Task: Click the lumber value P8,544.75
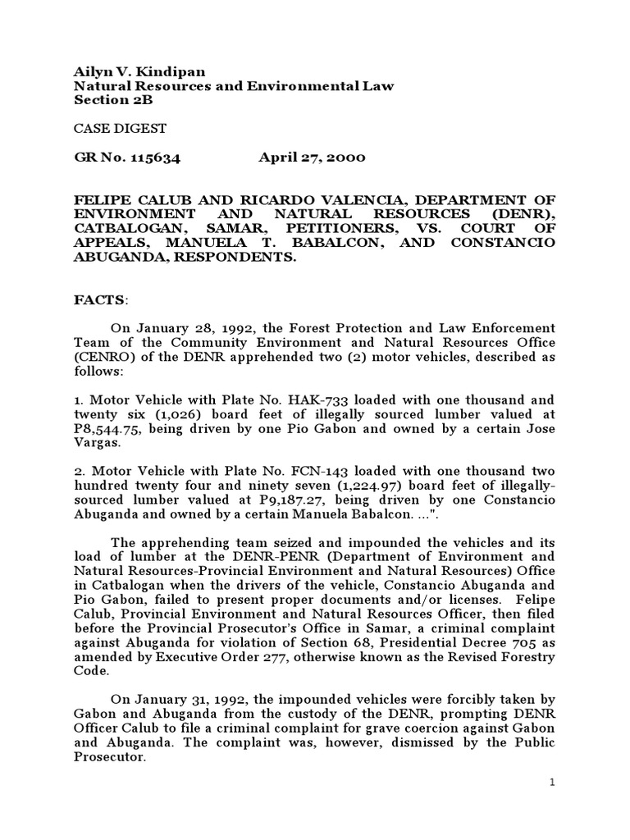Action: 103,429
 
